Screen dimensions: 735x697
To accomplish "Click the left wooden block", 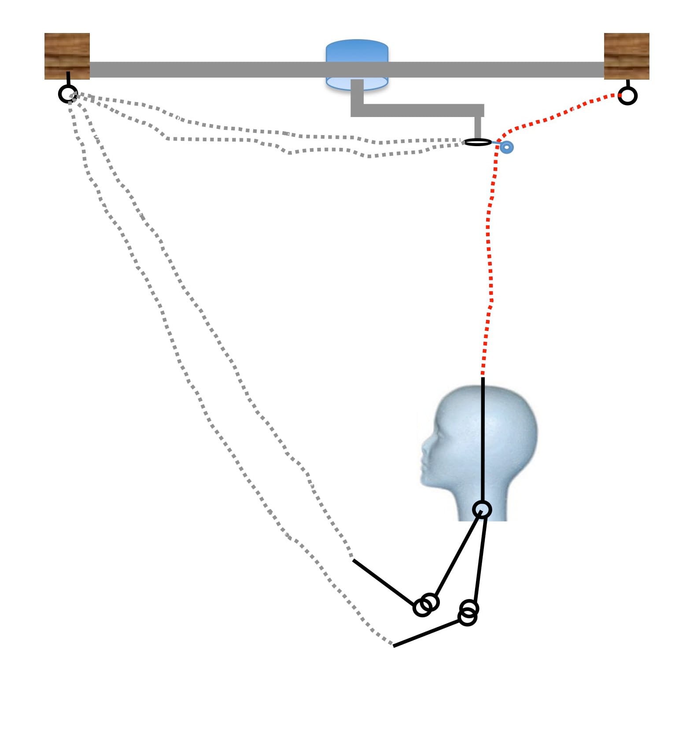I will [x=67, y=56].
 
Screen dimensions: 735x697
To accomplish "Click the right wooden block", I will [x=626, y=56].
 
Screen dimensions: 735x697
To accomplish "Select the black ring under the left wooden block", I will [x=68, y=94].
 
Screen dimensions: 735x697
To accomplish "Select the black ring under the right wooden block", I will [x=627, y=95].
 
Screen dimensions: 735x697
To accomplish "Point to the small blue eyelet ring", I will [x=507, y=147].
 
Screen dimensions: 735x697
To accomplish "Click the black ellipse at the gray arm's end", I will [x=478, y=142].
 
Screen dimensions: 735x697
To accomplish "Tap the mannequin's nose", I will [x=424, y=447].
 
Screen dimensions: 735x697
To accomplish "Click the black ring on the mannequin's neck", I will [x=482, y=510].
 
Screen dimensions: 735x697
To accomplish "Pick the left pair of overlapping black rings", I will [x=426, y=605].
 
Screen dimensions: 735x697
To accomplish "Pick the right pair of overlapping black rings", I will [x=468, y=613].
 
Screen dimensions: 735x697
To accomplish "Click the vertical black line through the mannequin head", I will [x=483, y=440].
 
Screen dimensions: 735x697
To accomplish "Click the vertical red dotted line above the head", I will [x=490, y=264].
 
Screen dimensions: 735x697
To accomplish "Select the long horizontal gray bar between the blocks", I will [x=220, y=70].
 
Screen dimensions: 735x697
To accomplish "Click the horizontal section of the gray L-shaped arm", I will [x=418, y=110].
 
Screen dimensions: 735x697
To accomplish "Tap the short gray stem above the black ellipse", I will [x=478, y=128].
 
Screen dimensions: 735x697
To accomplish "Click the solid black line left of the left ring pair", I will [x=383, y=583].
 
